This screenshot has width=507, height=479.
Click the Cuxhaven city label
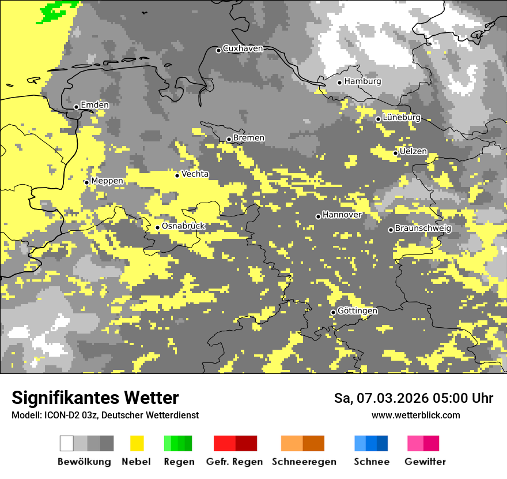point(243,48)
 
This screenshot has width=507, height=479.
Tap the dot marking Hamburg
point(340,83)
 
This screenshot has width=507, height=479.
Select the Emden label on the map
point(94,105)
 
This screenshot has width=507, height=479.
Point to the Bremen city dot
point(229,139)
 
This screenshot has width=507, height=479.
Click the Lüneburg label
point(402,118)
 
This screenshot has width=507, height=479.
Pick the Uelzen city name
point(413,151)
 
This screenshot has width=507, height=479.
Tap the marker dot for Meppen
point(87,182)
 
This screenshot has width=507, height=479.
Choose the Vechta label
point(195,174)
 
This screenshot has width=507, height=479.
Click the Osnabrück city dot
point(157,227)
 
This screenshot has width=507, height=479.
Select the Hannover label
point(342,215)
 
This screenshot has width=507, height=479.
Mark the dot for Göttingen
point(333,312)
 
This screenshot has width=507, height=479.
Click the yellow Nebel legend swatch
point(137,443)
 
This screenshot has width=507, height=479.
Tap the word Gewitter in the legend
point(425,462)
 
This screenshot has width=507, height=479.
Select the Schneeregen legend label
point(304,462)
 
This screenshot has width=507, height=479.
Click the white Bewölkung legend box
point(67,443)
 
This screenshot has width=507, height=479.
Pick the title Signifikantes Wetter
point(95,398)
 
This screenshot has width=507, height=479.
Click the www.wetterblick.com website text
point(415,415)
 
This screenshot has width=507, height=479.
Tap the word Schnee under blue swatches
point(372,462)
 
